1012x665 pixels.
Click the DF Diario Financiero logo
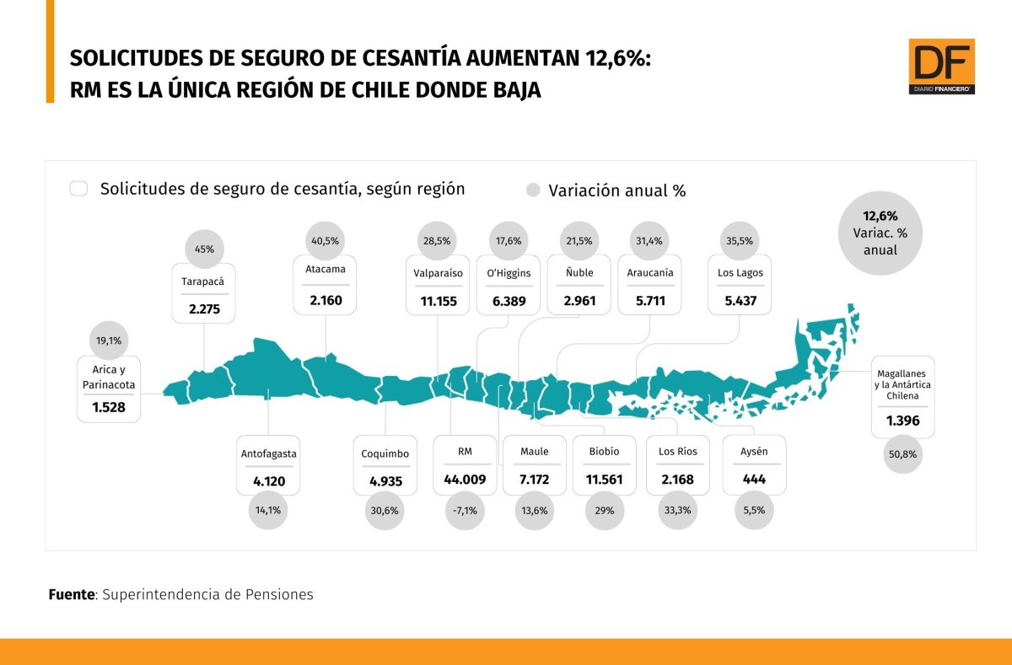(x=941, y=67)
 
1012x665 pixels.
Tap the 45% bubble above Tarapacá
(x=204, y=249)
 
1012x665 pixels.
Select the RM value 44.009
(x=465, y=479)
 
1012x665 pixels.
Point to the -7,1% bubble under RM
(x=465, y=511)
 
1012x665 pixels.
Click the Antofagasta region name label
(x=268, y=453)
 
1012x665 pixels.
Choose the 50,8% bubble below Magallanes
(x=902, y=454)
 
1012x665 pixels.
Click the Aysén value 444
(x=754, y=479)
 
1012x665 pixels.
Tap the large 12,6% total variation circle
(x=880, y=233)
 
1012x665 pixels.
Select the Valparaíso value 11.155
(x=439, y=301)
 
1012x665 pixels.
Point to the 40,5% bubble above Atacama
(x=325, y=241)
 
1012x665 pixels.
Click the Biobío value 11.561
(x=604, y=479)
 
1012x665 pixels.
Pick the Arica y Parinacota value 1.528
(x=109, y=407)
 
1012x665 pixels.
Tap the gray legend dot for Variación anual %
(x=533, y=190)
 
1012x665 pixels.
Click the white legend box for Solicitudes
(x=78, y=189)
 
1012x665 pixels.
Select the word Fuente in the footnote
(x=72, y=594)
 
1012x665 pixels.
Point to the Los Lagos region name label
(x=740, y=273)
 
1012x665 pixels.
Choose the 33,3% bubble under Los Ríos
(x=677, y=511)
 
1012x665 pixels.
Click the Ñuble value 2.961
(x=579, y=301)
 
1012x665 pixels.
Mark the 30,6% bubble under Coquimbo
(x=385, y=511)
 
